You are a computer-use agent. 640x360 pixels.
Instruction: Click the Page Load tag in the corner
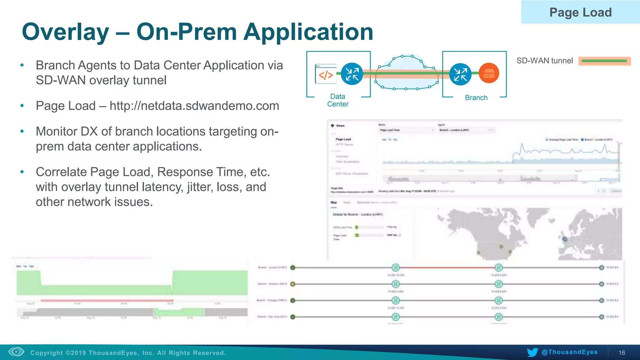[x=580, y=12]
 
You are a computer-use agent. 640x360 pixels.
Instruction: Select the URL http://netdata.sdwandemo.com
[x=194, y=106]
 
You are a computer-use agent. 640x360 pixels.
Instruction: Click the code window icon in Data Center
[x=326, y=74]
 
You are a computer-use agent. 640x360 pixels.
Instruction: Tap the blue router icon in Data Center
[x=352, y=74]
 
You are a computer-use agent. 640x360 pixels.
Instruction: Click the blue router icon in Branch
[x=460, y=74]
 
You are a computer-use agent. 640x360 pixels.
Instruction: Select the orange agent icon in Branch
[x=489, y=73]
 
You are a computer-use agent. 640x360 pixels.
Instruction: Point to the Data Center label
[x=337, y=100]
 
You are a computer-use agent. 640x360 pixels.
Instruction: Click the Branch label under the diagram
[x=476, y=98]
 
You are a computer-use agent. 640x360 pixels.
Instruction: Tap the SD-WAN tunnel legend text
[x=544, y=61]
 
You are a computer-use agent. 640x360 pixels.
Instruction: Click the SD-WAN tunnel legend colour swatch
[x=604, y=61]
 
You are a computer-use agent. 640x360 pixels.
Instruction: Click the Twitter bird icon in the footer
[x=532, y=352]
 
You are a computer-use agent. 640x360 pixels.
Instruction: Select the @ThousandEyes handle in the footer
[x=569, y=352]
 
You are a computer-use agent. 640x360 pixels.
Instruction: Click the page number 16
[x=622, y=353]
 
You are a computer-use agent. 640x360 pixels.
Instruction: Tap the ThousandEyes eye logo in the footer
[x=16, y=352]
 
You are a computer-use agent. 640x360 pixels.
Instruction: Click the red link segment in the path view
[x=447, y=267]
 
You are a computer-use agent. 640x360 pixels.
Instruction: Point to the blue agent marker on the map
[x=565, y=239]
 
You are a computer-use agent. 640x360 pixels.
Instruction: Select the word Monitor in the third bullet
[x=57, y=132]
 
